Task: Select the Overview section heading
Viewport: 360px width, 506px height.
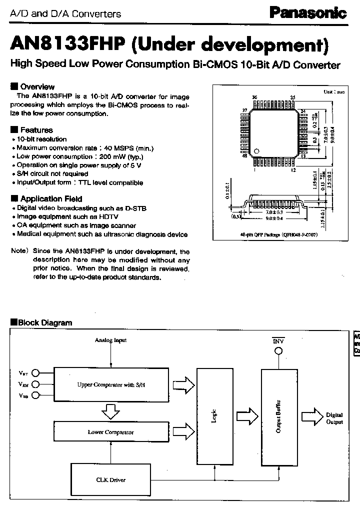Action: (36, 86)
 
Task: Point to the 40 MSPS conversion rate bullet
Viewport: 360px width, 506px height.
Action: (85, 148)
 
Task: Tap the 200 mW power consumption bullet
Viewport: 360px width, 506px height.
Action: (83, 156)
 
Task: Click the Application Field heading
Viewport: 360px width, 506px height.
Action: (50, 198)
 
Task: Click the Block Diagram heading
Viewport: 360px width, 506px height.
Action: (44, 323)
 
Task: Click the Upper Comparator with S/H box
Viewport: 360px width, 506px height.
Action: (113, 384)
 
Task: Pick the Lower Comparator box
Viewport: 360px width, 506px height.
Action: (110, 432)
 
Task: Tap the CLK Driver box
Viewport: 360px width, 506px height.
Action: (110, 479)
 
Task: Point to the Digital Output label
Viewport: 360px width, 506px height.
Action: (334, 418)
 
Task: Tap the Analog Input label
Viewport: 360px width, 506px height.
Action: (110, 340)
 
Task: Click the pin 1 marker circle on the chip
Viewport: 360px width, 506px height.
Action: (257, 150)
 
